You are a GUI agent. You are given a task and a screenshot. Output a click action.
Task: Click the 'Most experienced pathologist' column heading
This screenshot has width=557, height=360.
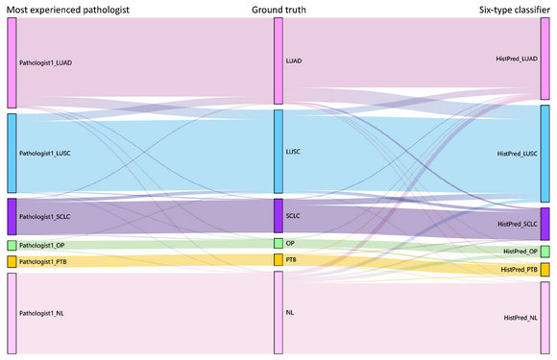68,10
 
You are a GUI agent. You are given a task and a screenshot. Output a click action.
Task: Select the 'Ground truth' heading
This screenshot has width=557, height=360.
278,10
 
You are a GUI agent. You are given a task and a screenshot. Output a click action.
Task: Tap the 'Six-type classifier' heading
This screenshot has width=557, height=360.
515,10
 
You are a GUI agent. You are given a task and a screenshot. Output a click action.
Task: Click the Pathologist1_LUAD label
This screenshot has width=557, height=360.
45,62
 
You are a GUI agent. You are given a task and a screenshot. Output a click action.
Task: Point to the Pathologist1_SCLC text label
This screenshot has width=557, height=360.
45,217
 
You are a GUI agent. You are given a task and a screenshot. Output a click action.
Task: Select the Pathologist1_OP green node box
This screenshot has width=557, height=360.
12,246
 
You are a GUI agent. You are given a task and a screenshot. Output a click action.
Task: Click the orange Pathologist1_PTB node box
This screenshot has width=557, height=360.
12,262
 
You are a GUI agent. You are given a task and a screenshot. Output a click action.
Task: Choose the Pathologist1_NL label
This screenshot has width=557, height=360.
41,313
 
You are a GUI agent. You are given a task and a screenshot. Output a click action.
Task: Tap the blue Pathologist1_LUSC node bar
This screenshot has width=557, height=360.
12,153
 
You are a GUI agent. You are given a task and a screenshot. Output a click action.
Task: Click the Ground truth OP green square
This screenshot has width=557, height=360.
278,243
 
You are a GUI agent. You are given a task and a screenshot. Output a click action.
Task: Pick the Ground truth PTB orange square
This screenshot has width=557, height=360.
278,259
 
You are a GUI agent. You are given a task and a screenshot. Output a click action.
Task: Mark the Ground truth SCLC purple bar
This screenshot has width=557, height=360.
278,215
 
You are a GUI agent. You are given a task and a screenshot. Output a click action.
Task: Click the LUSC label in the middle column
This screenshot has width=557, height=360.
293,152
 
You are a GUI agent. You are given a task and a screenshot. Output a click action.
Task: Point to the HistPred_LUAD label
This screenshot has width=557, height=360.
517,59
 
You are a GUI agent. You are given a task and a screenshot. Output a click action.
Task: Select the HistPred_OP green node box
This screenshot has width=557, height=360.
545,252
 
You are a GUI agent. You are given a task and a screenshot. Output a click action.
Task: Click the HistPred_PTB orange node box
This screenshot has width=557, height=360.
545,270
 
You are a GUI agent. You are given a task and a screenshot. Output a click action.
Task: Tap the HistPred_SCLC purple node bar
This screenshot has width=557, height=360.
545,224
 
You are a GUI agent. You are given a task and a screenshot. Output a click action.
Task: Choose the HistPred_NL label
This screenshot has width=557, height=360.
521,318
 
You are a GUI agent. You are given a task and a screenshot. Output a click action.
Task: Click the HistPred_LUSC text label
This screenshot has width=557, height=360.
518,154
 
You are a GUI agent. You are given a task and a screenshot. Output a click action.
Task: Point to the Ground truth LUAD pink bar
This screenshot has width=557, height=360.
278,61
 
